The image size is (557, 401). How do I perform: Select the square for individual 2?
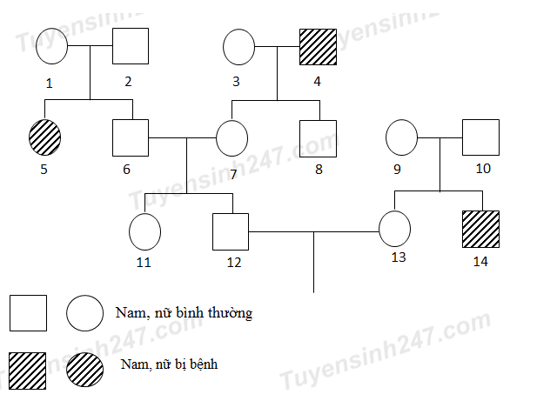[x=130, y=46]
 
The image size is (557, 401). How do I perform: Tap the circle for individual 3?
[x=239, y=46]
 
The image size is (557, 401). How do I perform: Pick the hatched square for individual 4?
[x=318, y=46]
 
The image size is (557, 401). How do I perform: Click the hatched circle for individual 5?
[x=45, y=138]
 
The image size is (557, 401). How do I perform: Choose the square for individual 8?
[x=318, y=138]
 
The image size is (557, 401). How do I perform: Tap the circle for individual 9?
[x=402, y=138]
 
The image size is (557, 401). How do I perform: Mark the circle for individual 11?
[x=144, y=231]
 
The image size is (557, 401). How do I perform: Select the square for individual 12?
[x=231, y=231]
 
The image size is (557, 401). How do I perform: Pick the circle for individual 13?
[x=394, y=231]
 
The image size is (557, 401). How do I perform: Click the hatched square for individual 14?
[x=480, y=231]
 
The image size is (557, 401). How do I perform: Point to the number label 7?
[x=233, y=173]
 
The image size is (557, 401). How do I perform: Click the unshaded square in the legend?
[x=28, y=313]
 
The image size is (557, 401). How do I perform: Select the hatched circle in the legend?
[x=84, y=370]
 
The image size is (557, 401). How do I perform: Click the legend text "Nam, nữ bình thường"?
[x=184, y=312]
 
